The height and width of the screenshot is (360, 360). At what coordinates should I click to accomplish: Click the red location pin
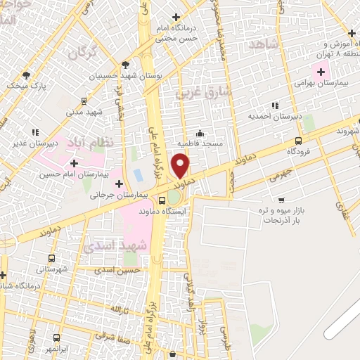click(181, 166)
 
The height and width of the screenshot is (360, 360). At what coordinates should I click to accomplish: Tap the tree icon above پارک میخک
click(26, 75)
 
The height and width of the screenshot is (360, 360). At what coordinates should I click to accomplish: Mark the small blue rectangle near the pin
click(139, 174)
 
